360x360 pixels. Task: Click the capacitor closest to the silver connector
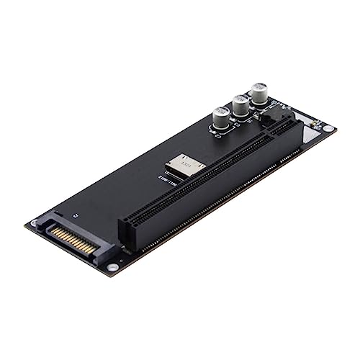[x=221, y=117]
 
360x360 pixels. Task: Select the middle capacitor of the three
[x=240, y=107]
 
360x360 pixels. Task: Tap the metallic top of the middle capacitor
[x=240, y=100]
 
